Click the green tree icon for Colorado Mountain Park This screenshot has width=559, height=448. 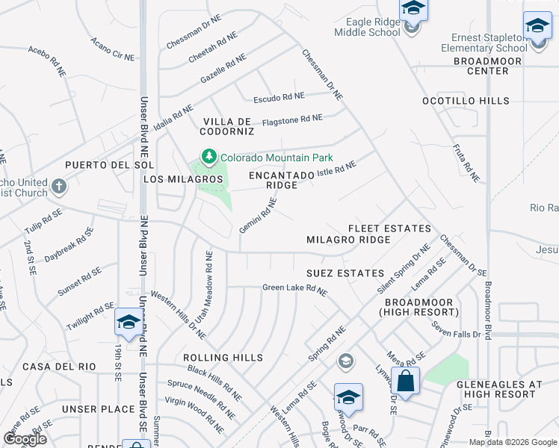coord(209,157)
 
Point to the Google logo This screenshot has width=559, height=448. coord(25,439)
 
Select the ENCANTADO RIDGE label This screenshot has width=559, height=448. coord(281,180)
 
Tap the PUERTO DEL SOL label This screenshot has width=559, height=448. coord(109,164)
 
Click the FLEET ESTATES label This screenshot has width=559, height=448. coord(389,228)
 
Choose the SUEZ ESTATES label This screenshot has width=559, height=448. coord(345,273)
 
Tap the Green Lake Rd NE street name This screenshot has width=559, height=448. coord(294,289)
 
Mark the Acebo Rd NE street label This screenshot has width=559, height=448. coord(49,57)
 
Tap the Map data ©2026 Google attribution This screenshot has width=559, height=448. coord(513,442)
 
